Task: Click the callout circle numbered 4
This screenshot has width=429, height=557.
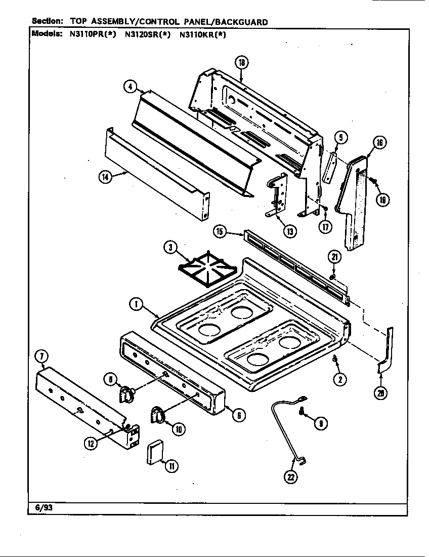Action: click(x=131, y=87)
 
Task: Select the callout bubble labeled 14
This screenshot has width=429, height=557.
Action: click(x=105, y=178)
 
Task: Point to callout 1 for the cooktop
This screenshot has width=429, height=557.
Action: click(x=136, y=304)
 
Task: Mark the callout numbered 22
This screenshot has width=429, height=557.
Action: click(x=290, y=476)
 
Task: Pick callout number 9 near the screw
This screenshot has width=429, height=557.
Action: click(x=320, y=423)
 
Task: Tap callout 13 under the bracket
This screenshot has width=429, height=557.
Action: click(x=289, y=231)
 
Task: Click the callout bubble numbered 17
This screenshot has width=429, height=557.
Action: click(x=325, y=226)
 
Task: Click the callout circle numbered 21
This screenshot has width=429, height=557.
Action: click(x=334, y=257)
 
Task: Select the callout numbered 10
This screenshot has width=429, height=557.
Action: click(x=178, y=429)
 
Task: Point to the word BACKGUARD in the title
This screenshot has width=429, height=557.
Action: click(x=241, y=22)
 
